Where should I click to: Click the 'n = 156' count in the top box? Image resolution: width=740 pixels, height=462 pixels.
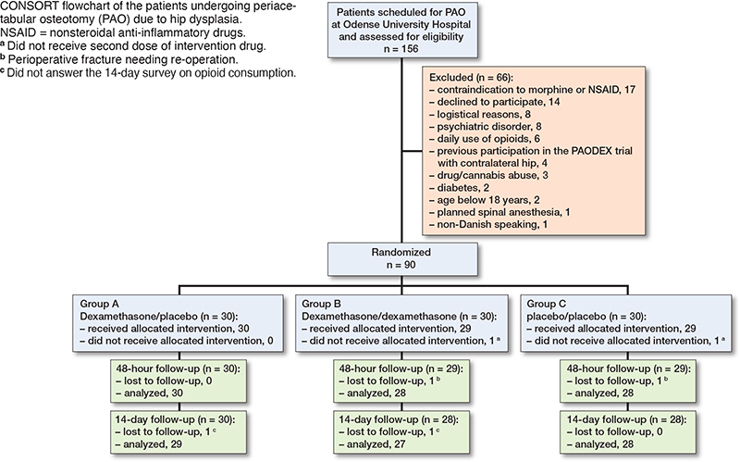click(x=401, y=49)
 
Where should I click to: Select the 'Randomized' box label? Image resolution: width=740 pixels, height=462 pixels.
click(x=401, y=252)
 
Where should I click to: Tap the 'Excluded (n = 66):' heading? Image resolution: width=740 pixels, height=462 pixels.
click(x=471, y=78)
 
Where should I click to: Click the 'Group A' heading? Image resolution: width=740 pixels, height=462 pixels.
click(x=100, y=304)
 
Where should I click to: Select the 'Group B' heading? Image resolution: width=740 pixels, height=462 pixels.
click(x=321, y=304)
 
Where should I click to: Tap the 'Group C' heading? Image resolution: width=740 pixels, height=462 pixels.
click(x=547, y=304)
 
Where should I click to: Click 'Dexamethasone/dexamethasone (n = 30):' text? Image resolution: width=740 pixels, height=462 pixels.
click(x=400, y=317)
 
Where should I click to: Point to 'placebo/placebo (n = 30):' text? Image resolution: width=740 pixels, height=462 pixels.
click(x=586, y=317)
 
